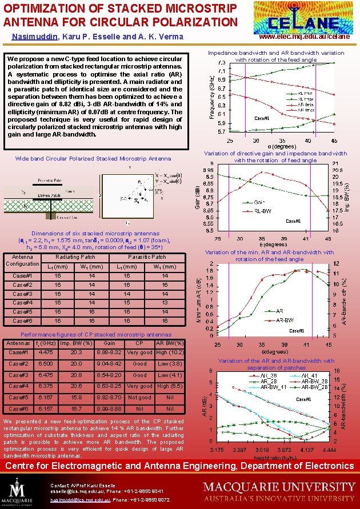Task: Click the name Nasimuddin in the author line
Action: pos(34,37)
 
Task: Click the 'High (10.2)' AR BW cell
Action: pos(169,352)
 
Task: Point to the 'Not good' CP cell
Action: pos(140,396)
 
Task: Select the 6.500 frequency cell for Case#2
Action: pos(45,363)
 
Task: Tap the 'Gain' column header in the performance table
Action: pos(109,343)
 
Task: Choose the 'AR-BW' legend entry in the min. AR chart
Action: pos(285,320)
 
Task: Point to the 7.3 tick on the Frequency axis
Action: pos(221,62)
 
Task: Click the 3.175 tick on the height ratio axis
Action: pos(217,450)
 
